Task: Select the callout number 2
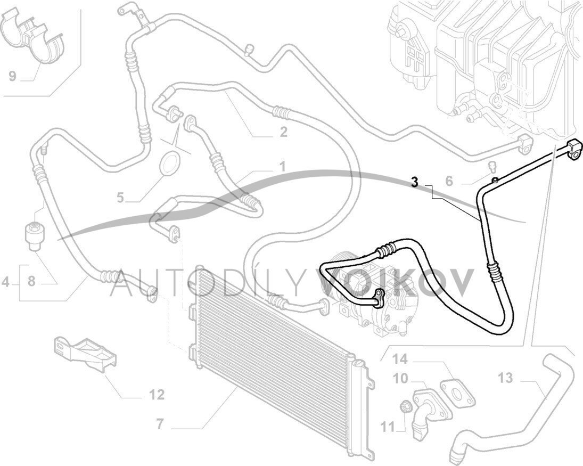[x=283, y=132]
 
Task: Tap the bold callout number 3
[x=415, y=182]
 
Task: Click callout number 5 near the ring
[x=121, y=198]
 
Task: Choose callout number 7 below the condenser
[x=159, y=424]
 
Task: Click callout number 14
[x=400, y=359]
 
